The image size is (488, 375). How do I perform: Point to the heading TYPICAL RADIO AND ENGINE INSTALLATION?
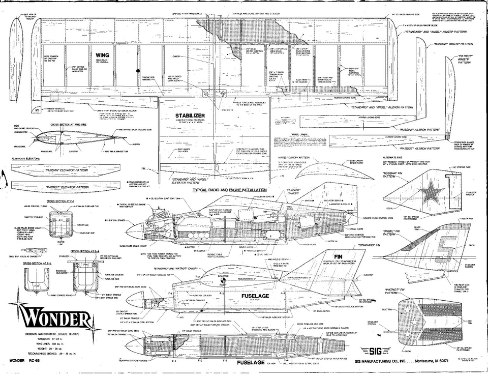[229, 190]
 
